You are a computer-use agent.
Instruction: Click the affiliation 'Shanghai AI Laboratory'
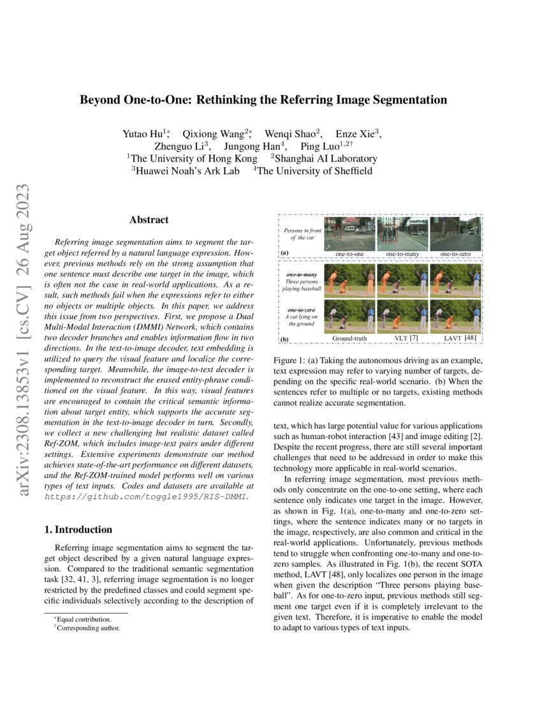(326, 158)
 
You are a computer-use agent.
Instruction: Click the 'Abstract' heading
(149, 220)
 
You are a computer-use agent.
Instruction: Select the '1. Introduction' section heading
(81, 530)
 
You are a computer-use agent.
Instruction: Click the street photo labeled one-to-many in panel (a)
(402, 234)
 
